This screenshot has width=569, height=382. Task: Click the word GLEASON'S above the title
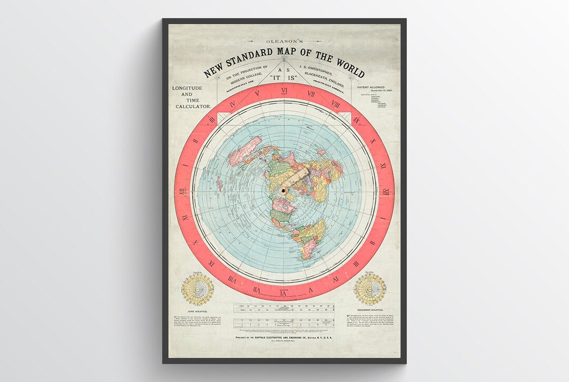[x=284, y=41]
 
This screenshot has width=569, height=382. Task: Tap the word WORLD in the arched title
[x=345, y=67]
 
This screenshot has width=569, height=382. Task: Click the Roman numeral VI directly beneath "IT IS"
[x=284, y=90]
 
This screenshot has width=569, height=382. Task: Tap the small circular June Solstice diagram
[x=198, y=289]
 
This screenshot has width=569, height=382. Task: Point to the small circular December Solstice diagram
[x=370, y=289]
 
